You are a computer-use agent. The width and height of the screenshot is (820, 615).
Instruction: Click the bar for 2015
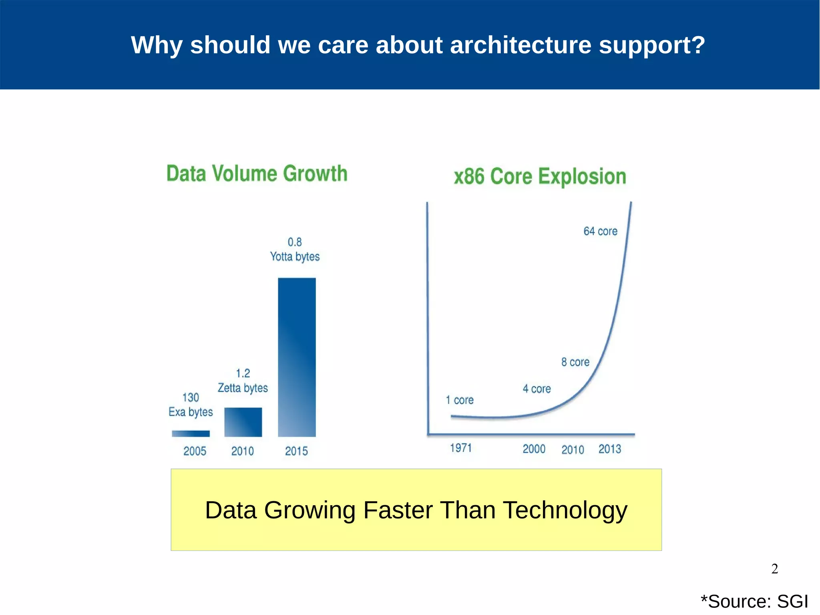297,357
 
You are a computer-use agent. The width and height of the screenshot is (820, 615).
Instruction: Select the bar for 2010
243,422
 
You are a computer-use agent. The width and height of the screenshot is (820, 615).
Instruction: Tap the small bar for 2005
191,434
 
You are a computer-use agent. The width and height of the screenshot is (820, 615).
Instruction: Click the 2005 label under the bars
195,451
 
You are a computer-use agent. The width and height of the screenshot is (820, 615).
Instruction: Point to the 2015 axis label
296,451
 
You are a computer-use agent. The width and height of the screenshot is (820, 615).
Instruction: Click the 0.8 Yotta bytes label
295,249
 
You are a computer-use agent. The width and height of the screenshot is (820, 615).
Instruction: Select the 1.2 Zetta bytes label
243,381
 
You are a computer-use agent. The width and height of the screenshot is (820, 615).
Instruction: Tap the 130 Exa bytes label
191,405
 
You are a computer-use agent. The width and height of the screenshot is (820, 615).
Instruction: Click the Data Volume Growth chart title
257,173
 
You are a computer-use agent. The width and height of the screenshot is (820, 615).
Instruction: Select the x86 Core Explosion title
540,176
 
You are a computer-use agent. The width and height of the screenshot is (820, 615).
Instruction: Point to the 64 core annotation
600,231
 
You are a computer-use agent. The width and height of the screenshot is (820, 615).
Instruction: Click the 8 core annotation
575,362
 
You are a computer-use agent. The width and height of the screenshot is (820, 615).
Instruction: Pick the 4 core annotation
537,389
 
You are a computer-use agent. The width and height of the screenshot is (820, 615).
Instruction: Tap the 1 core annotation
460,400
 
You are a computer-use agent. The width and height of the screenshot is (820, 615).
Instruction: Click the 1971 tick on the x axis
461,448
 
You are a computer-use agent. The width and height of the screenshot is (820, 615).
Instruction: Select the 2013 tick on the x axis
609,449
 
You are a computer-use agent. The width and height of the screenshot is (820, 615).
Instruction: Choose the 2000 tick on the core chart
534,449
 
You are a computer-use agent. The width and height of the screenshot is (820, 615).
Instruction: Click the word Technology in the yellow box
565,510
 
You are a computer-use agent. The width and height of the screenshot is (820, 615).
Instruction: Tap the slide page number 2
774,569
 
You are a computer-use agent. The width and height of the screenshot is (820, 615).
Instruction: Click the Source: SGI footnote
754,601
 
